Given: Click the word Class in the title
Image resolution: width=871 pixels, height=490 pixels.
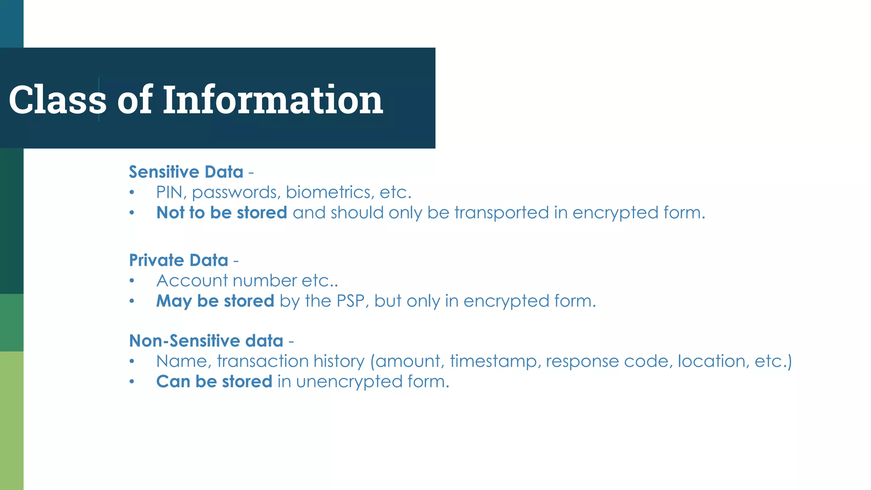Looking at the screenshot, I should pos(57,100).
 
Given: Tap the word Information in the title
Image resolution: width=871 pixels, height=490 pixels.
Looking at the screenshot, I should pos(273,100).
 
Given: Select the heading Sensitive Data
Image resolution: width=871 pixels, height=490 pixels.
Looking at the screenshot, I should pos(186,172).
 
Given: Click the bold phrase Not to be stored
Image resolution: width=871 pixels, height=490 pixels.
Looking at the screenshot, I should pos(222,213).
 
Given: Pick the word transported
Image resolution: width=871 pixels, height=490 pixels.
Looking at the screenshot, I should pos(501,213).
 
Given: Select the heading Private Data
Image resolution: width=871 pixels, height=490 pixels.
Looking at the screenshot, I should pos(179,260).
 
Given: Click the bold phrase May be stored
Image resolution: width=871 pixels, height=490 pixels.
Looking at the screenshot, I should pos(215,301).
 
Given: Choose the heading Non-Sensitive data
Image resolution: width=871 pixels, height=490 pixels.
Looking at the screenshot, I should pos(206,341).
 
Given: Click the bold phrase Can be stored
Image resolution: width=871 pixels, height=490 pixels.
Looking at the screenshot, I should pos(214,382).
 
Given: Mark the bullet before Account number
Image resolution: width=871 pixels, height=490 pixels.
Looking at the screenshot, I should pos(132,281).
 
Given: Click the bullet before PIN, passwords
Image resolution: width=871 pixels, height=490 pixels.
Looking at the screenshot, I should pos(132,193).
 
